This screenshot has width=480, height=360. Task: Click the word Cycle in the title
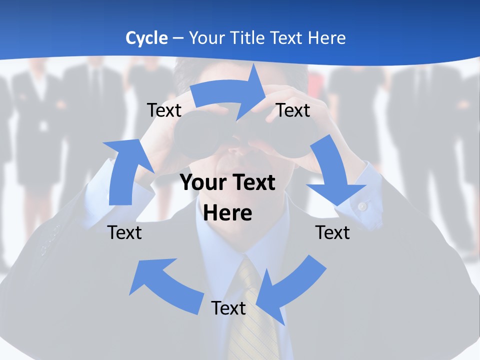(x=146, y=38)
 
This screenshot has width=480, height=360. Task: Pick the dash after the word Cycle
(x=178, y=38)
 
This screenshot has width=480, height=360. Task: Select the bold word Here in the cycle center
(x=228, y=213)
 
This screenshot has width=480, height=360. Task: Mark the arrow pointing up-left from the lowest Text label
(x=165, y=285)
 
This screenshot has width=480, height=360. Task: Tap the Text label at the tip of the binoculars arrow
(x=293, y=110)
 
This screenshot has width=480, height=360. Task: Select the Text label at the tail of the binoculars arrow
(x=164, y=110)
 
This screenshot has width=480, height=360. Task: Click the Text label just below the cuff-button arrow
(x=332, y=232)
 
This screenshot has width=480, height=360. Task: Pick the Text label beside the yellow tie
(x=228, y=308)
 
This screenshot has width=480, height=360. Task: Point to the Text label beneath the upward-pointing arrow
(x=124, y=232)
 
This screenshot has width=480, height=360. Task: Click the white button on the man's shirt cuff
(x=362, y=205)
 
